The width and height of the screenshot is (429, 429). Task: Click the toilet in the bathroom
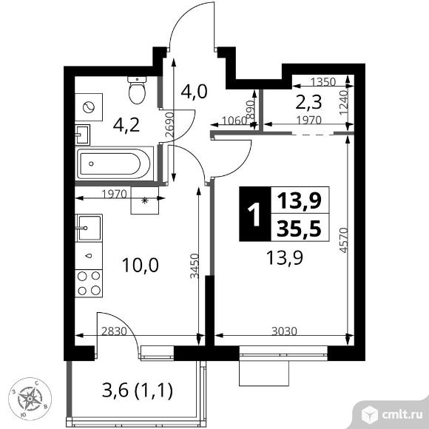pos(137,89)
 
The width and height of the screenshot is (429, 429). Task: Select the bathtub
pos(115,163)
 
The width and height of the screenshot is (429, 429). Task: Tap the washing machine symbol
pos(89,107)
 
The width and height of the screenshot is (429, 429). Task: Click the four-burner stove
pos(89,283)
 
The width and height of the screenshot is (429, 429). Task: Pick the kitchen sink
pos(89,228)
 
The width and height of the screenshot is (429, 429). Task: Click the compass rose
pos(30,399)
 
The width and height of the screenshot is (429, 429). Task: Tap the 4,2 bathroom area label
pos(126,126)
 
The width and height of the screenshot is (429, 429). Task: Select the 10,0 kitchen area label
pos(141,265)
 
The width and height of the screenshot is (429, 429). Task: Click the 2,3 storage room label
pos(308,102)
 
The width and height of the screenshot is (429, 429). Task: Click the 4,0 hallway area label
pos(195,92)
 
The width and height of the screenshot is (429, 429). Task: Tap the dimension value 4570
pos(343,240)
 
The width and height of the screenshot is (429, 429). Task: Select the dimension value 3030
pos(284,331)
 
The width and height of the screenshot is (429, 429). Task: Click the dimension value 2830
pos(114,331)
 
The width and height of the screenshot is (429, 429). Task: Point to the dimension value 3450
pos(195,266)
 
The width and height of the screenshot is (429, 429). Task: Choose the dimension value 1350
pos(323,82)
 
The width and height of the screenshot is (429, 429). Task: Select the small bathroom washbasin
pos(82,135)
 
